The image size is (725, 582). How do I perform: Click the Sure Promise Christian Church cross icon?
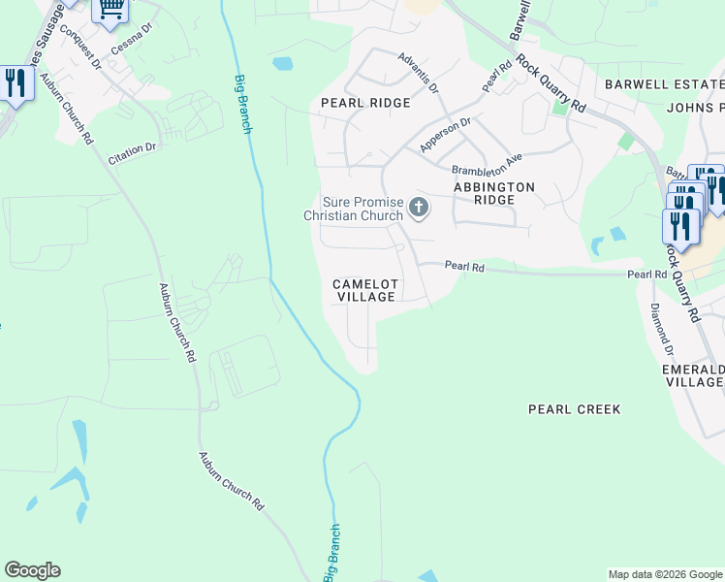pos(419,208)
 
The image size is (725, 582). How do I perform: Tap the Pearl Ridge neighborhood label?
pos(365,103)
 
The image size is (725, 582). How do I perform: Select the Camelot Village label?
pos(365,290)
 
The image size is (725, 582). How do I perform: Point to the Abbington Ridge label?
pos(494,192)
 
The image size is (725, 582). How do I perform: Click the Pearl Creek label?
pos(574,409)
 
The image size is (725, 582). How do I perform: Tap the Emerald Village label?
pos(692,375)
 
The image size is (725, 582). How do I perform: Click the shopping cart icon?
pos(110,10)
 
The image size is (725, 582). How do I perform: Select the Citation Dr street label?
pos(132,153)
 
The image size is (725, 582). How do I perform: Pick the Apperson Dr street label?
pos(445,135)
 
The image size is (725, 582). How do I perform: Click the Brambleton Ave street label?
pos(487,162)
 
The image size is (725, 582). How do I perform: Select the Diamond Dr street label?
pos(662,331)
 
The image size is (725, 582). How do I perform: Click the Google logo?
pos(32,570)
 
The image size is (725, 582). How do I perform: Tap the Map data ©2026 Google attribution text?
pos(665,574)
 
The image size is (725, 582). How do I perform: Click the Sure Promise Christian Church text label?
pos(353,209)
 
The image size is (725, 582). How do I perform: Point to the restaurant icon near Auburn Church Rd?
pos(15,83)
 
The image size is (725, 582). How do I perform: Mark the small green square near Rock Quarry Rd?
pos(559,106)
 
